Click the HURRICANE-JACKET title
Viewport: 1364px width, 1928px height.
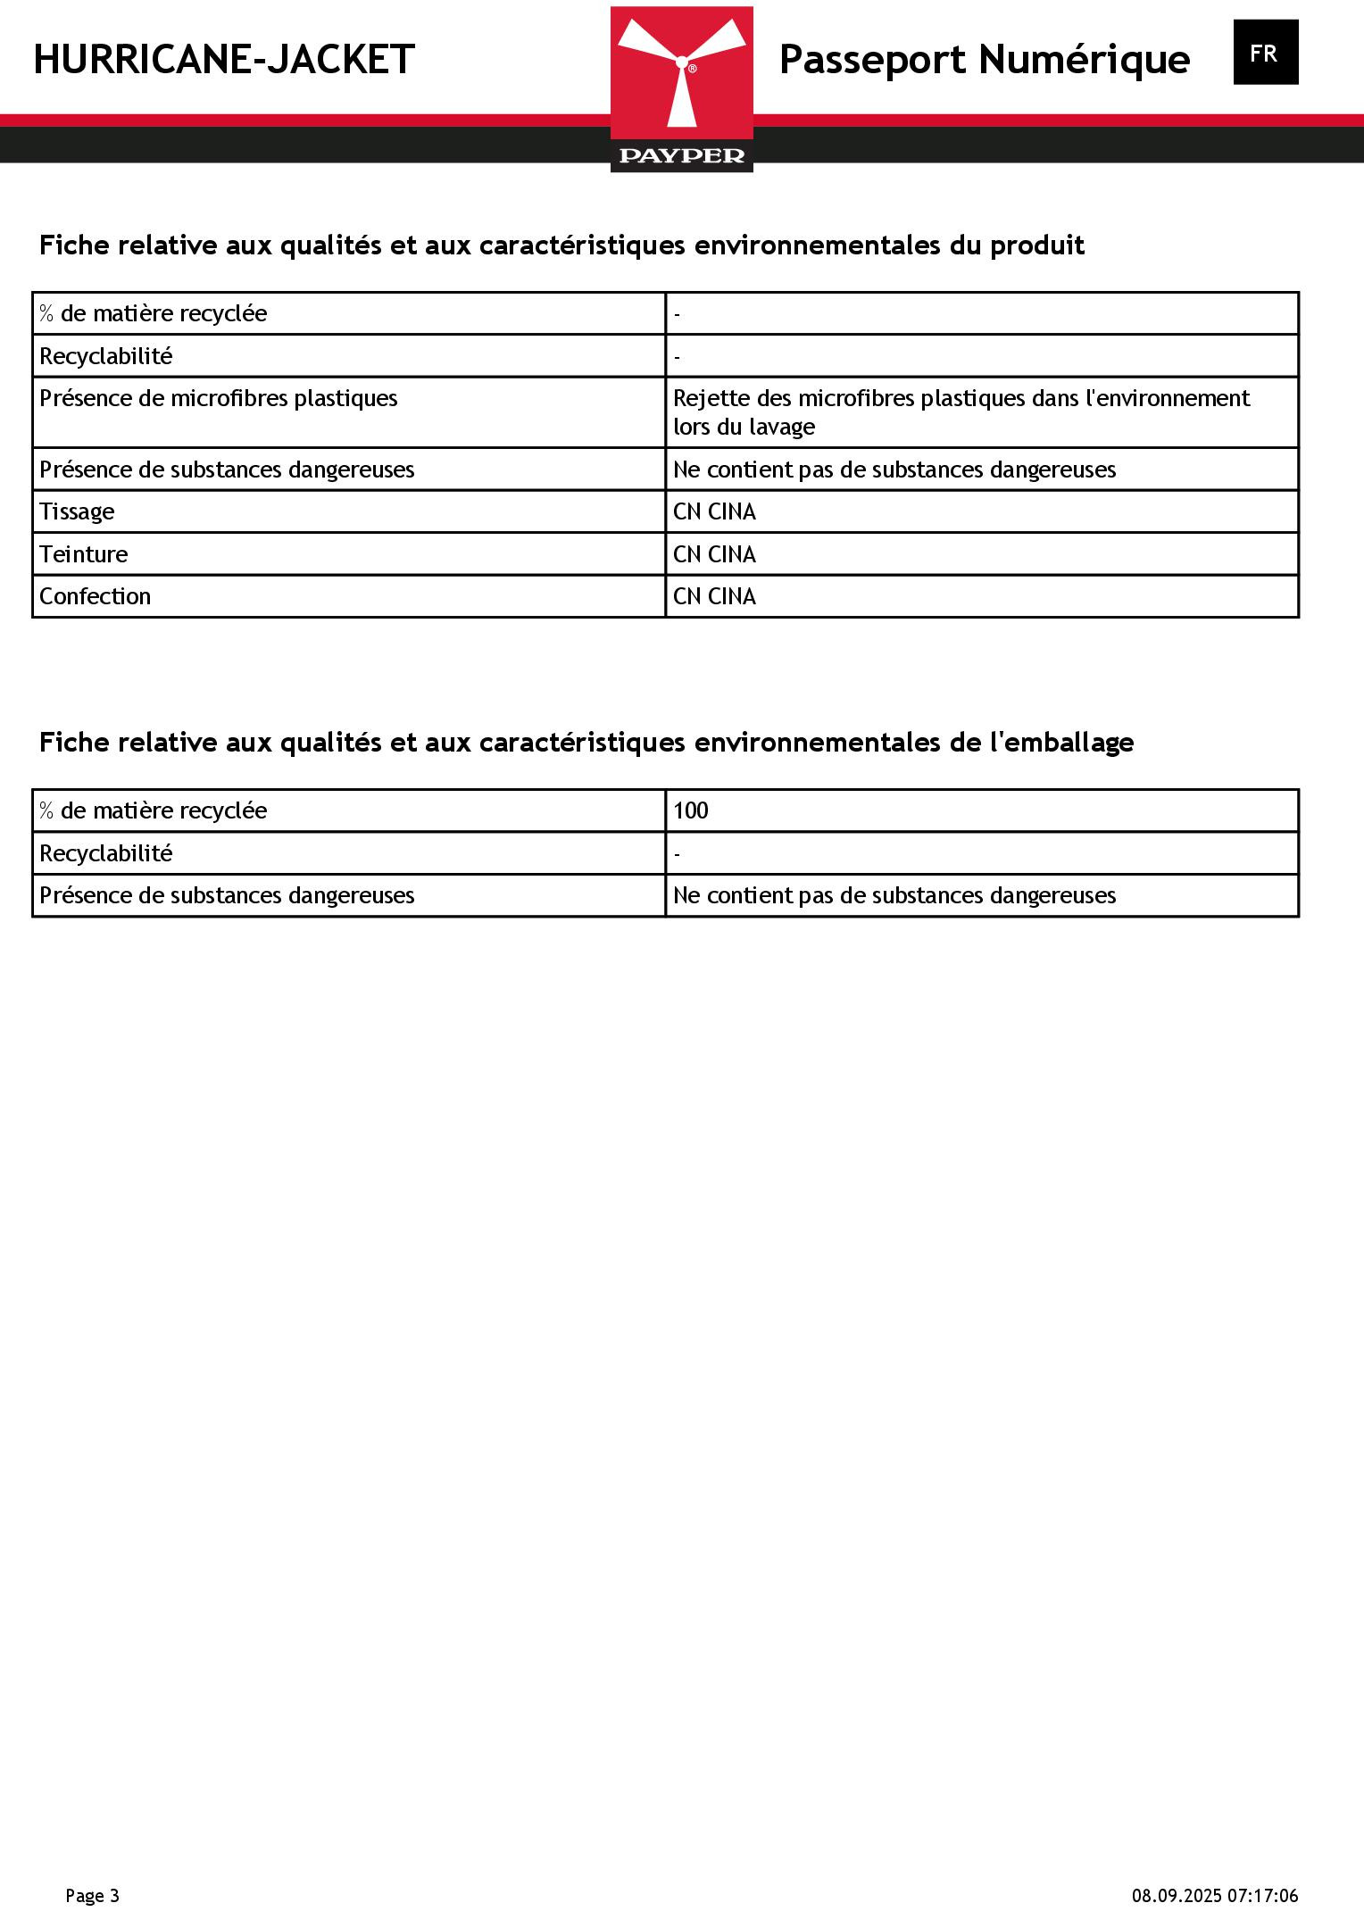point(224,60)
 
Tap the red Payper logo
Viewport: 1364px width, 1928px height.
point(681,88)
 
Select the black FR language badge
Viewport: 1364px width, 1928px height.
point(1265,53)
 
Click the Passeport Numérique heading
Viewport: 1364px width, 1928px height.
point(984,60)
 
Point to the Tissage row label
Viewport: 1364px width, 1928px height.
point(77,511)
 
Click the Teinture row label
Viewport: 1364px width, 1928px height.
point(84,554)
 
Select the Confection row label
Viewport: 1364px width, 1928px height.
point(95,596)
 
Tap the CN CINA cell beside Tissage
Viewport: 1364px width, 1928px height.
point(714,511)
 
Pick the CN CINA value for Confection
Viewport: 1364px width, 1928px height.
point(714,596)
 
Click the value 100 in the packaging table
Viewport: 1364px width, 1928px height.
point(690,810)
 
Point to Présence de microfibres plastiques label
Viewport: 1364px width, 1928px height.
point(219,398)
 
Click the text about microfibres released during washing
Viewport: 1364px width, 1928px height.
point(961,412)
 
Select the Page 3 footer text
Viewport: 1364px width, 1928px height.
point(92,1896)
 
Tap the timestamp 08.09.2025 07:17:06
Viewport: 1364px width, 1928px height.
point(1215,1896)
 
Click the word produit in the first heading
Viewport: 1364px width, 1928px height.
point(1037,245)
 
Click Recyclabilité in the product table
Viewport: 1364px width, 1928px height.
point(105,356)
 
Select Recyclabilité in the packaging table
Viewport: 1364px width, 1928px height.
point(105,853)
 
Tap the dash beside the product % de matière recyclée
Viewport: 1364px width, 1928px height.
point(678,314)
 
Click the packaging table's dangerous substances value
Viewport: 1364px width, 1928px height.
point(894,895)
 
